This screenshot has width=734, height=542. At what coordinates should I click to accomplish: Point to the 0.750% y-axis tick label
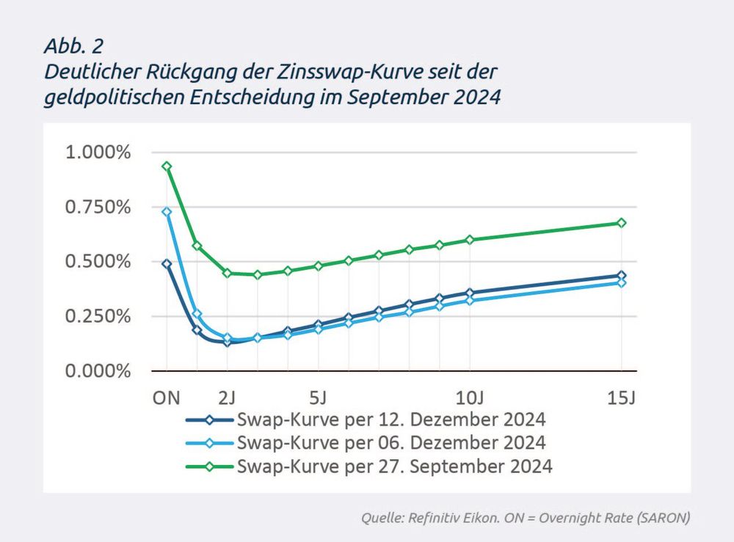coord(98,208)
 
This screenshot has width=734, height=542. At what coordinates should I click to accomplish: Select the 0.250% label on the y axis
coord(98,317)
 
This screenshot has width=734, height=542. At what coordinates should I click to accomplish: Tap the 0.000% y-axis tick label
coord(98,371)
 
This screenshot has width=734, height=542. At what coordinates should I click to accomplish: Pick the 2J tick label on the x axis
coord(228,398)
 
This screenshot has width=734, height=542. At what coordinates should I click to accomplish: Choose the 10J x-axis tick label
coord(470,398)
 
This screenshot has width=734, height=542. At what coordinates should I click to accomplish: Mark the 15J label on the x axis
coord(621,398)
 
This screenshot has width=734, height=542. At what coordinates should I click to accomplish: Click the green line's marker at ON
coord(167,166)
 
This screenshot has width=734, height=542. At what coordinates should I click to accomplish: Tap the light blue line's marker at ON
coord(167,212)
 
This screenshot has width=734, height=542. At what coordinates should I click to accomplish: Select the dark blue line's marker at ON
coord(167,264)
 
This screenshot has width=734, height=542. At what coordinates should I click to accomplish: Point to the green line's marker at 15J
coord(621,223)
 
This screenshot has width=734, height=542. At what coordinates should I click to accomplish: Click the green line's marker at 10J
coord(470,240)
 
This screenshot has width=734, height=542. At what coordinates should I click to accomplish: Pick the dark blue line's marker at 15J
coord(621,276)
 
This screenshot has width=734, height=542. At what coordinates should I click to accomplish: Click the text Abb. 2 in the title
coord(73,46)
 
